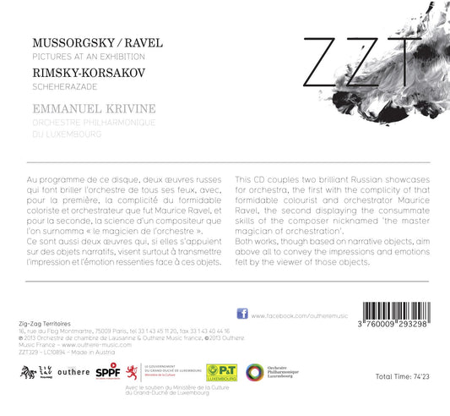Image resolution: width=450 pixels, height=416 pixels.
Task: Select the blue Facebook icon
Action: tap(242, 314)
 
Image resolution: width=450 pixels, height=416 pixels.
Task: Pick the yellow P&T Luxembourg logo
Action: tap(222, 372)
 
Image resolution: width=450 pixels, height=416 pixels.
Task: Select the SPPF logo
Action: tap(107, 371)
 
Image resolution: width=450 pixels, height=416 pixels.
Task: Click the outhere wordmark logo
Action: tap(73, 372)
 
